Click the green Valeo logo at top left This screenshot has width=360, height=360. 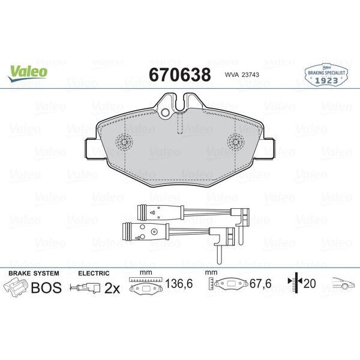pyautogui.click(x=28, y=70)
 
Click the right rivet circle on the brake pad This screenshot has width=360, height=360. pyautogui.click(x=235, y=143)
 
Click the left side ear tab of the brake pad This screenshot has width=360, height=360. pyautogui.click(x=90, y=147)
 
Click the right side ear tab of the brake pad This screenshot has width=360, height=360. pyautogui.click(x=269, y=147)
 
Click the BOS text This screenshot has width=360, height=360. pyautogui.click(x=46, y=287)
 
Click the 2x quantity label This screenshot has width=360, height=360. pyautogui.click(x=112, y=288)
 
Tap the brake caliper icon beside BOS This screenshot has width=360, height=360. pyautogui.click(x=16, y=288)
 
